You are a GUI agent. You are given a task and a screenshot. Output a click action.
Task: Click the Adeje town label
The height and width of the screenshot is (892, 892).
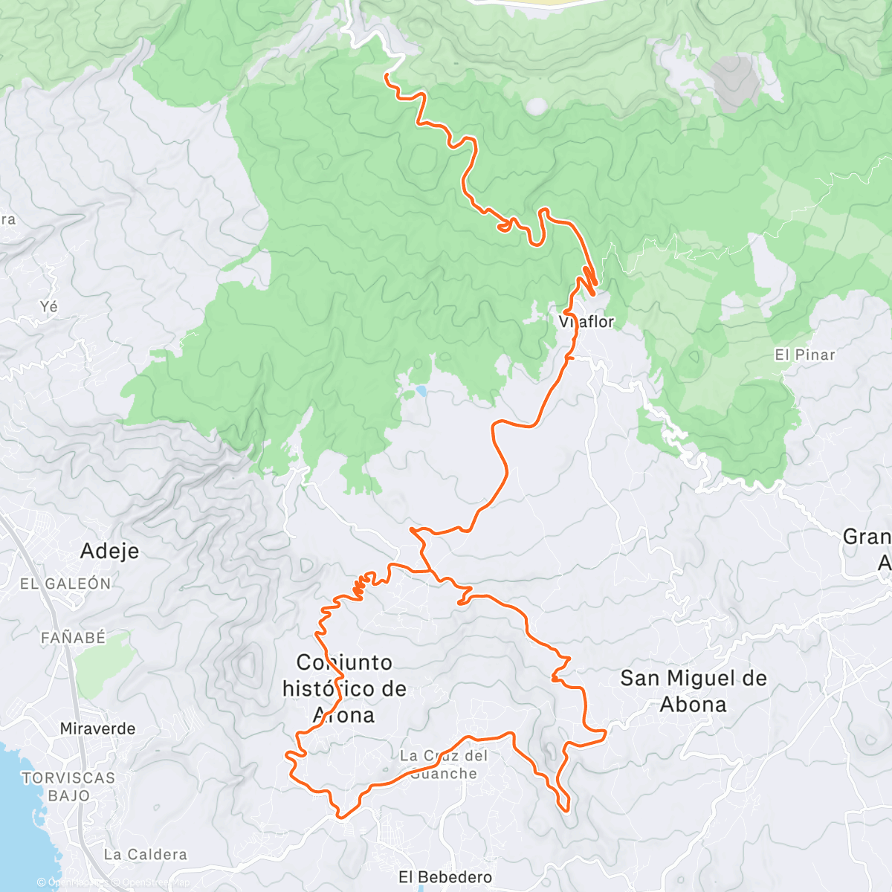[x=109, y=551]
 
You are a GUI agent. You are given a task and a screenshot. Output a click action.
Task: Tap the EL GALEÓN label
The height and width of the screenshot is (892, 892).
[x=65, y=584]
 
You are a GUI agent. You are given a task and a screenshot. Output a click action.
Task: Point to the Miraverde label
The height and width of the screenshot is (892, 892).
[x=97, y=728]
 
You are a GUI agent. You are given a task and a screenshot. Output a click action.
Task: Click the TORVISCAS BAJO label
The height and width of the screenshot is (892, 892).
[x=68, y=786]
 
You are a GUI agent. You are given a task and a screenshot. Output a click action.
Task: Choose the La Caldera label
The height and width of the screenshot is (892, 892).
[x=146, y=854]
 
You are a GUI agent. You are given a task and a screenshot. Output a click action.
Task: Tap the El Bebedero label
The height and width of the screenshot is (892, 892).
[x=445, y=877]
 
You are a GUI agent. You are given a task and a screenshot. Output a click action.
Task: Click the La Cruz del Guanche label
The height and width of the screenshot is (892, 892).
[x=444, y=764]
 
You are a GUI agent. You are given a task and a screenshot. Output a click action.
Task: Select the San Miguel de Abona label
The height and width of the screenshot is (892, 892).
[x=693, y=691]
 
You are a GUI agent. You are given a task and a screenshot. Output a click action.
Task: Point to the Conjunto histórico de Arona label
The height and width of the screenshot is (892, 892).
[x=344, y=688]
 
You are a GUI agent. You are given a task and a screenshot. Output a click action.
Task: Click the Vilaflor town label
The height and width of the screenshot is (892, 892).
[x=586, y=322]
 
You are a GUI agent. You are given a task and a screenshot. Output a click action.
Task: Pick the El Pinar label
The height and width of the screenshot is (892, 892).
[x=805, y=355]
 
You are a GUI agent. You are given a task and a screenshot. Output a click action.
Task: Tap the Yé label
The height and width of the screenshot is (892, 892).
[x=49, y=306]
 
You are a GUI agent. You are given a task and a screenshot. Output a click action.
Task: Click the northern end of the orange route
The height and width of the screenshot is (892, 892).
[x=387, y=75]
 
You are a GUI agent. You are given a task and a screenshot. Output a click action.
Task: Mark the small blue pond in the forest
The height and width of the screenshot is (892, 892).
[x=421, y=390]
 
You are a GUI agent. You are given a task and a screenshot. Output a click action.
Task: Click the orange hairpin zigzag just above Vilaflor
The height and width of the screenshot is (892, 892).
[x=589, y=279]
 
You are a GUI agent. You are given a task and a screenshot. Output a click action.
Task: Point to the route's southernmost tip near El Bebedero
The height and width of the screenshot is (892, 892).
[x=341, y=816]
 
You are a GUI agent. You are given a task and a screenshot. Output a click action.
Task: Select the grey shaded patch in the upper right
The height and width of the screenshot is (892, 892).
[x=734, y=80]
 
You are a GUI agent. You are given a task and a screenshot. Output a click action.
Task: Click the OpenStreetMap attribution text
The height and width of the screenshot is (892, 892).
[x=149, y=883]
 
